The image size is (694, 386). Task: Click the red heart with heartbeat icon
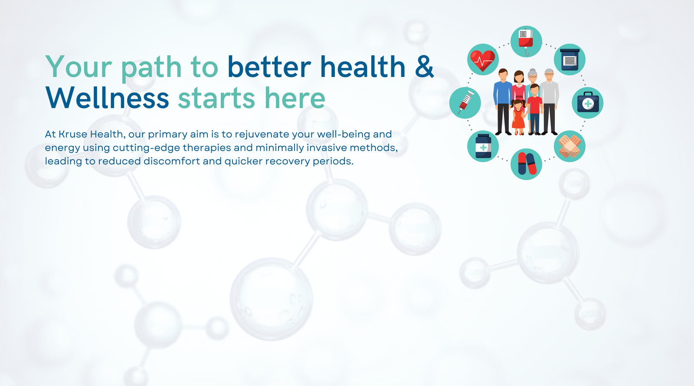[x=482, y=60]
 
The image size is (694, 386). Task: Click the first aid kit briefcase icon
[x=588, y=102]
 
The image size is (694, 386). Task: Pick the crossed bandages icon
[x=570, y=146]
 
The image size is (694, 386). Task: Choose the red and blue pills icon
[x=527, y=164]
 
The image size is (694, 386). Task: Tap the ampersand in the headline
[x=424, y=67]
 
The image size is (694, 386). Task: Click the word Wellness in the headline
[x=107, y=98]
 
